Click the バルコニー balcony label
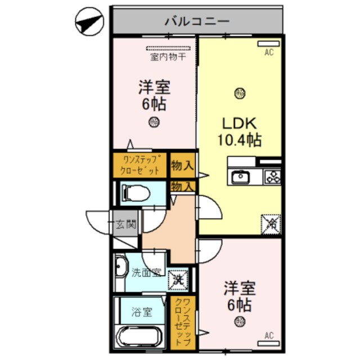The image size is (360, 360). pos(196,22)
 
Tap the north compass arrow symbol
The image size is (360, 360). pos(89,23)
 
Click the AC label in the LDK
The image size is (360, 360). pos(269,53)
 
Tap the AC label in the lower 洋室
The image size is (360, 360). pos(269,336)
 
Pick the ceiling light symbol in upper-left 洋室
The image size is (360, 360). pos(153,121)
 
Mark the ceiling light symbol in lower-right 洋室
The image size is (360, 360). pos(241,322)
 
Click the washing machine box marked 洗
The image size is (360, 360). pos(178,277)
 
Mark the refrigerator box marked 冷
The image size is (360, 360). pos(269,223)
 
